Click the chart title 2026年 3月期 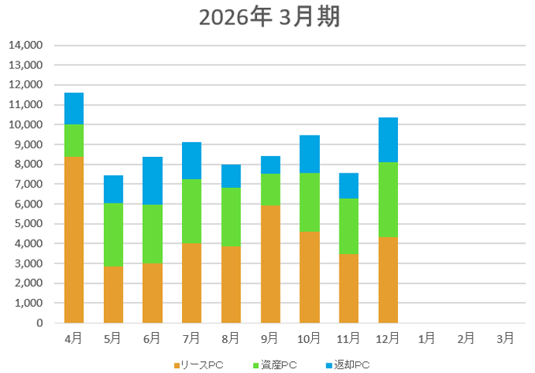pyautogui.click(x=269, y=17)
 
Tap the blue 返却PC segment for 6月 pyautogui.click(x=152, y=181)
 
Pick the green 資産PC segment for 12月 pyautogui.click(x=388, y=200)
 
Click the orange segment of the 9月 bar pyautogui.click(x=270, y=264)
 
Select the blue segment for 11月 pyautogui.click(x=348, y=185)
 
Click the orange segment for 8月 pyautogui.click(x=231, y=284)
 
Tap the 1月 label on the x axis pyautogui.click(x=427, y=338)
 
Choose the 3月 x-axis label pyautogui.click(x=505, y=338)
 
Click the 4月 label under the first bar pyautogui.click(x=74, y=338)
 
